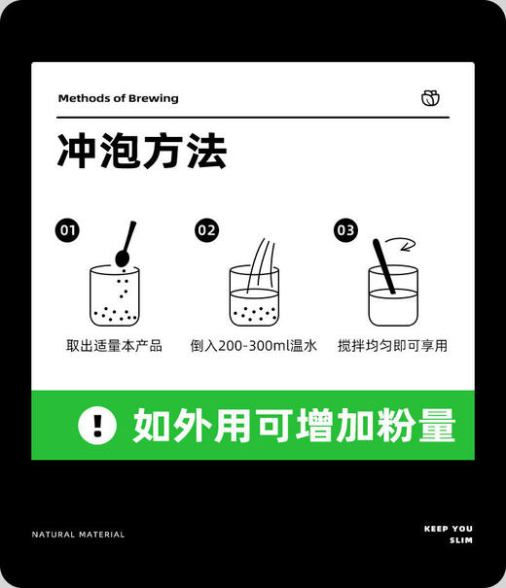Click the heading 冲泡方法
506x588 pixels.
[x=142, y=153]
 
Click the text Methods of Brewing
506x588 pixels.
[x=118, y=98]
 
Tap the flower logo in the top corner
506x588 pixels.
[x=430, y=97]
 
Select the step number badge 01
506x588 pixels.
[x=68, y=230]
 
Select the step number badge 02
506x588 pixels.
[x=206, y=230]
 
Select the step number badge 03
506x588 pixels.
[x=345, y=230]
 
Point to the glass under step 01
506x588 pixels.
[x=114, y=296]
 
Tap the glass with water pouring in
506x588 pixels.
[x=254, y=296]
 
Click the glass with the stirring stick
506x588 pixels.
[x=394, y=296]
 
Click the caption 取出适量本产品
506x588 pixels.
[x=114, y=346]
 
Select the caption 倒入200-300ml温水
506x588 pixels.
[x=254, y=346]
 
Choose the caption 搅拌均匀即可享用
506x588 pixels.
[x=393, y=346]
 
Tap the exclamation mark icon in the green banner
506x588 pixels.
[x=97, y=425]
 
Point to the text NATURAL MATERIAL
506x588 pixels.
[x=78, y=535]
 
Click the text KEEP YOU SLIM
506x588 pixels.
[x=449, y=535]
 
